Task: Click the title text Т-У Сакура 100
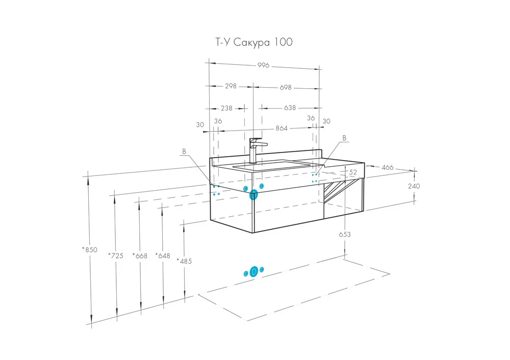(x=252, y=42)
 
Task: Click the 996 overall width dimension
(x=263, y=65)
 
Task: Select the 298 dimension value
(x=231, y=87)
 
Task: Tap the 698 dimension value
(x=286, y=87)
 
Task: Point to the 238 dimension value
(x=226, y=108)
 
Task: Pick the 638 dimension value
(x=290, y=108)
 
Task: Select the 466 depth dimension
(x=388, y=167)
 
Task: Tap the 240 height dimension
(x=414, y=186)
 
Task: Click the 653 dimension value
(x=345, y=235)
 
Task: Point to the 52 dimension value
(x=353, y=173)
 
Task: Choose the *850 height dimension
(x=89, y=250)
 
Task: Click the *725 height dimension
(x=116, y=256)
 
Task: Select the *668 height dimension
(x=139, y=256)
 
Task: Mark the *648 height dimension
(x=162, y=256)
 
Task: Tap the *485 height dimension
(x=184, y=261)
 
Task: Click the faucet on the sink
(x=255, y=149)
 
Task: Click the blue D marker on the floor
(x=254, y=272)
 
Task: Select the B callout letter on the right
(x=344, y=138)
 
